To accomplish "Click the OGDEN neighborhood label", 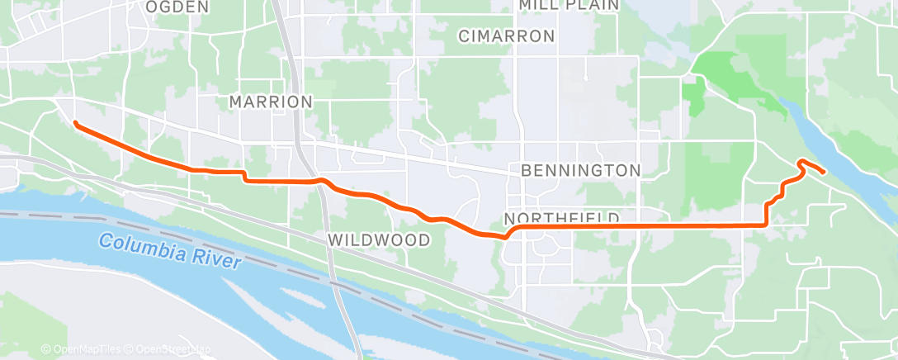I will [177, 7].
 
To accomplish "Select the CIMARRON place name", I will [506, 36].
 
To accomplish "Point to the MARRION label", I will [271, 102].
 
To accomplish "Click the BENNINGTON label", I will [581, 171].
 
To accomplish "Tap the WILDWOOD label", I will [380, 240].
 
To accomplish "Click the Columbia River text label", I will [170, 251].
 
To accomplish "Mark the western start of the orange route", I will [76, 124].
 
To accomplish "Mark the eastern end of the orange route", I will [824, 171].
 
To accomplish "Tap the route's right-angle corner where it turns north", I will [767, 224].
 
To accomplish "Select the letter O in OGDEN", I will [152, 7].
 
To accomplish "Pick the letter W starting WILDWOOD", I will [334, 240].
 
